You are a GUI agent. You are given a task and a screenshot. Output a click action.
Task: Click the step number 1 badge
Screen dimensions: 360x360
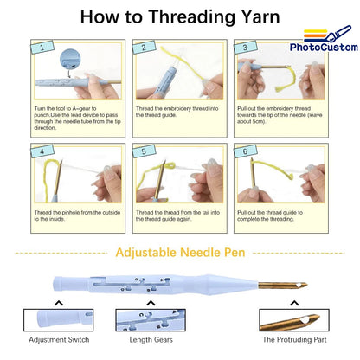(42, 47)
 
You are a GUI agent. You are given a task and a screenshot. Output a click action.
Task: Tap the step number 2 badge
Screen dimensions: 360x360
(144, 47)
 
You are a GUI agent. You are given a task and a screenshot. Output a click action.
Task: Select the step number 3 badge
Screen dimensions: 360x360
(246, 47)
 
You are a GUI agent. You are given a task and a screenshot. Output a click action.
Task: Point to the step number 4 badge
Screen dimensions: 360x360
(42, 151)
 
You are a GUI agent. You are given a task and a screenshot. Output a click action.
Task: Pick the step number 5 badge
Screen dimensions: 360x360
(144, 151)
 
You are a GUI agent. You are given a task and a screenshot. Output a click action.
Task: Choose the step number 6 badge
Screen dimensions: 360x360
(246, 151)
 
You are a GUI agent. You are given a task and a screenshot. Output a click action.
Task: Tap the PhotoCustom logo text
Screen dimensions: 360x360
(324, 48)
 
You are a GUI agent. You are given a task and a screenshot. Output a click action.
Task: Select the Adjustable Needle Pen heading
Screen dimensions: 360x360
(180, 253)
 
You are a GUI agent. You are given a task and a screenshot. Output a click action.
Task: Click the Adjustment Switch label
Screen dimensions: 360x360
(59, 340)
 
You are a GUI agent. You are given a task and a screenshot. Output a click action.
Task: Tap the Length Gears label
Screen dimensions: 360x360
(151, 340)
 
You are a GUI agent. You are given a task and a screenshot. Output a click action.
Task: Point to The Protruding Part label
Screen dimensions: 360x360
(294, 340)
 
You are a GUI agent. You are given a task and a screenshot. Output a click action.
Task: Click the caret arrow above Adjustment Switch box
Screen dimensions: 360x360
(59, 303)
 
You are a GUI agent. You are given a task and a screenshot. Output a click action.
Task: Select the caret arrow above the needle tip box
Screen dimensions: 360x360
(294, 303)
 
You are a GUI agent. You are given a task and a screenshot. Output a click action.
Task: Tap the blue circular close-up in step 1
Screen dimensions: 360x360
(70, 59)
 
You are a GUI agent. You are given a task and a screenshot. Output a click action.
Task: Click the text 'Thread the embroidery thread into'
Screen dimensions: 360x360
(177, 108)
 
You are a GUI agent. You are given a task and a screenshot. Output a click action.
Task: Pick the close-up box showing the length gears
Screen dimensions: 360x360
(151, 320)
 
